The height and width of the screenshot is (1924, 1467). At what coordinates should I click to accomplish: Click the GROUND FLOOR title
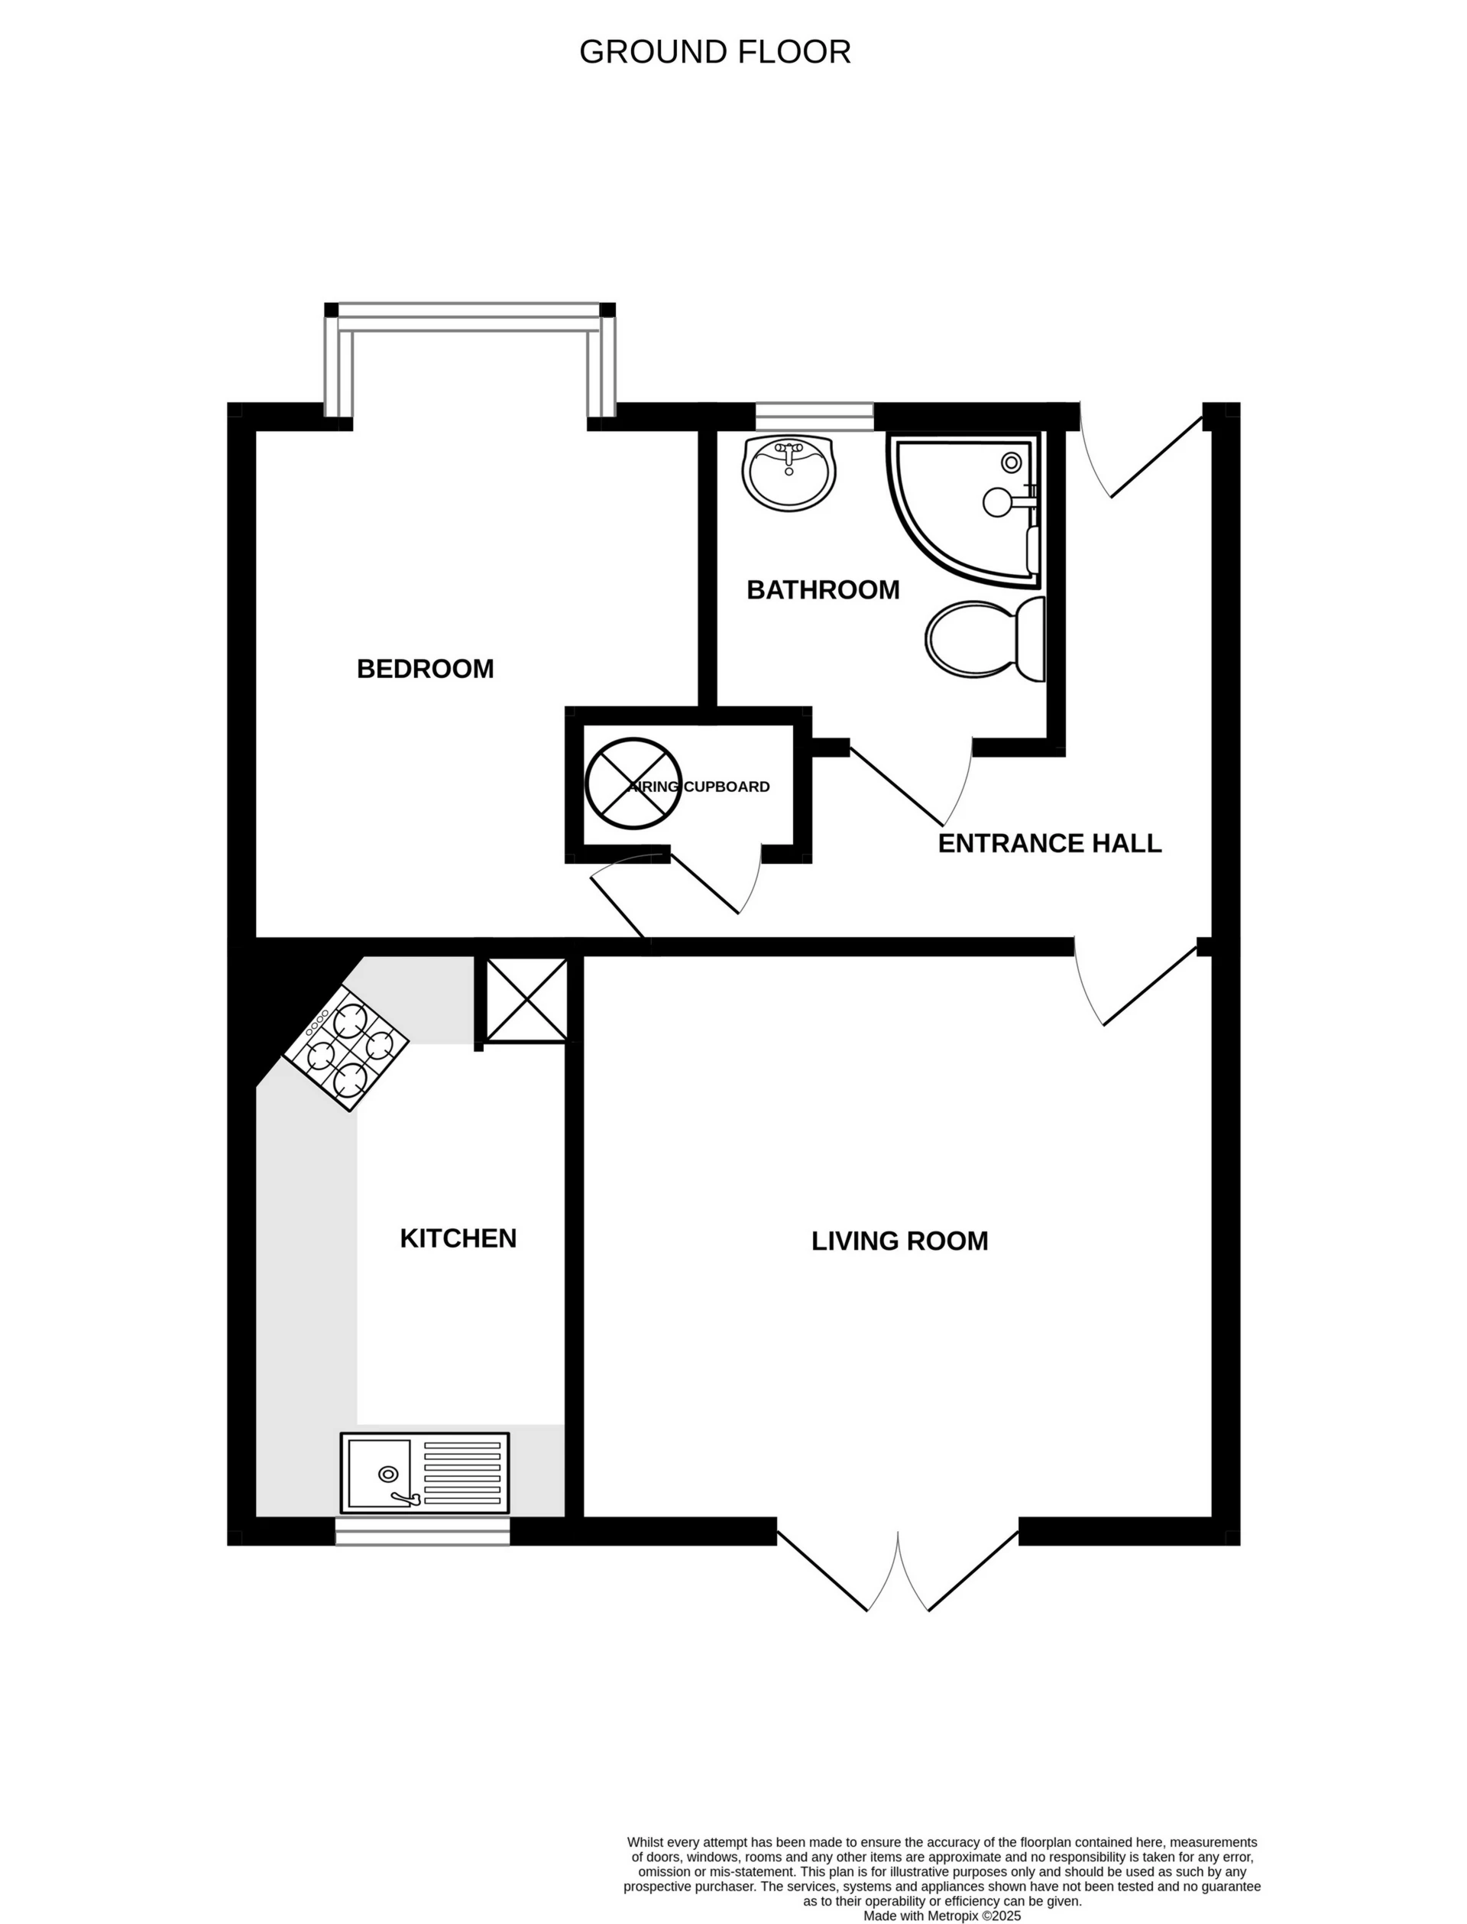[x=714, y=53]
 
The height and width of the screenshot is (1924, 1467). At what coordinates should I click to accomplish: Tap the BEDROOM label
[x=426, y=669]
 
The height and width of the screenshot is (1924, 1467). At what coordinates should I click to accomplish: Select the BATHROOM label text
[x=823, y=590]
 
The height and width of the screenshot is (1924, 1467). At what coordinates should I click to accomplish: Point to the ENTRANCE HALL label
[x=1049, y=844]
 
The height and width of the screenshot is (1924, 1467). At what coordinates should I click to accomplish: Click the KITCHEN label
[x=458, y=1238]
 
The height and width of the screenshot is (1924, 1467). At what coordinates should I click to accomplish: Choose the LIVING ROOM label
[x=899, y=1241]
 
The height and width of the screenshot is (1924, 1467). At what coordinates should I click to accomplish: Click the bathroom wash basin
[x=789, y=472]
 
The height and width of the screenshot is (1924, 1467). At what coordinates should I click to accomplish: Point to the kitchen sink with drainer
[x=424, y=1472]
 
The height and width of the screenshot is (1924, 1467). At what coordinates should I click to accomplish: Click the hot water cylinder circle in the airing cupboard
[x=631, y=784]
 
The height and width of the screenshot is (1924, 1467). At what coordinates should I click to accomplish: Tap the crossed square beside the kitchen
[x=526, y=1000]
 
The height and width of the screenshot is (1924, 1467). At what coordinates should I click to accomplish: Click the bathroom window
[x=814, y=416]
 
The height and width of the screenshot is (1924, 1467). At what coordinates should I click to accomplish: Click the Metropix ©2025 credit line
[x=941, y=1916]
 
